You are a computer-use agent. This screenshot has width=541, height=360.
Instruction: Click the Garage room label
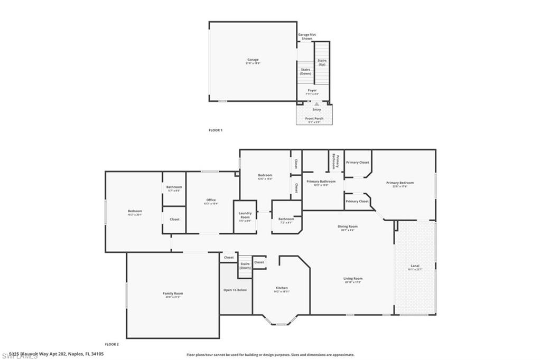click(253, 60)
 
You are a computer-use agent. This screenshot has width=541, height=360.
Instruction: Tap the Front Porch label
click(314, 119)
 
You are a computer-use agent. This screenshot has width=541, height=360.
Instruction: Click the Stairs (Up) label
click(322, 62)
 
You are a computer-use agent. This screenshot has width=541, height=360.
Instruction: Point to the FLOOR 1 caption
click(216, 130)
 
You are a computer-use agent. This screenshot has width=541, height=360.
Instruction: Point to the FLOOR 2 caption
click(111, 344)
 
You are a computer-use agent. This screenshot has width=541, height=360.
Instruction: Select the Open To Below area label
click(236, 290)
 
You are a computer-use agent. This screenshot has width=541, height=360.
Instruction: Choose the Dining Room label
click(348, 227)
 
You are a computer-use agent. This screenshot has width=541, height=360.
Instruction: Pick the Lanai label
click(415, 266)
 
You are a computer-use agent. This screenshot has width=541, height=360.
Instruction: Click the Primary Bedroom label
click(403, 183)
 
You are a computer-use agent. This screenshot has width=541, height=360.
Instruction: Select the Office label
click(211, 201)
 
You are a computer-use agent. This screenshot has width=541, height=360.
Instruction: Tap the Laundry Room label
click(245, 215)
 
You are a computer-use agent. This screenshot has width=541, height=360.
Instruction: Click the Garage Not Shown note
click(306, 36)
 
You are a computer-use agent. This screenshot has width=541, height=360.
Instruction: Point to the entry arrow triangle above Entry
click(316, 104)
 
